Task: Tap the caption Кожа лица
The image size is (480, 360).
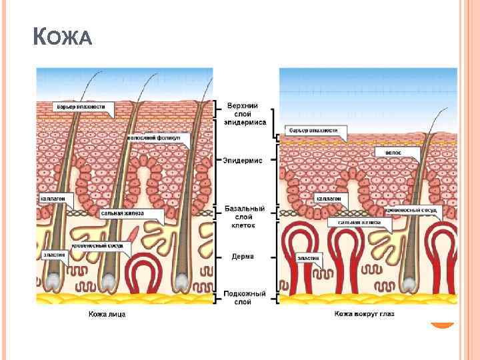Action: pyautogui.click(x=107, y=314)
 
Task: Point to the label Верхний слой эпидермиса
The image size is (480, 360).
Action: pyautogui.click(x=246, y=114)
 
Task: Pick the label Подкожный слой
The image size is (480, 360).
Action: pyautogui.click(x=245, y=297)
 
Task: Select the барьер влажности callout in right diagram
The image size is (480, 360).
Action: pyautogui.click(x=313, y=130)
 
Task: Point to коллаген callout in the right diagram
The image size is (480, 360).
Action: pyautogui.click(x=329, y=198)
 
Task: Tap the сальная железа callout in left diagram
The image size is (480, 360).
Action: pyautogui.click(x=131, y=214)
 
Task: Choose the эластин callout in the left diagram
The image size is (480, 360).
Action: pyautogui.click(x=48, y=254)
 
